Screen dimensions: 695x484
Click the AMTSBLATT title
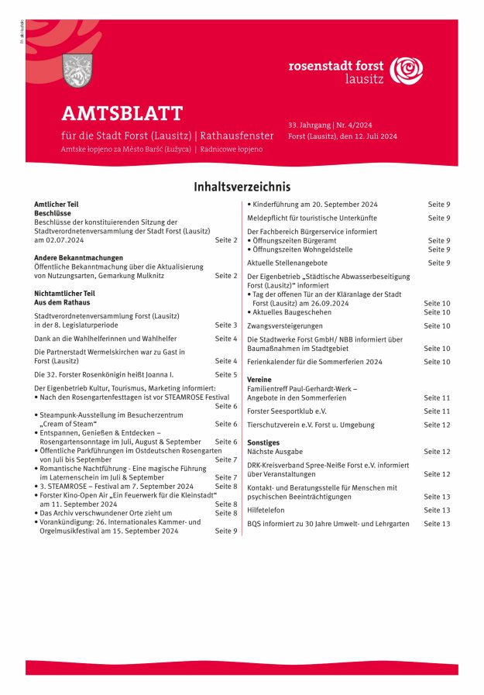coord(122,113)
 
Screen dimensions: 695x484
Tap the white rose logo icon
coord(407,71)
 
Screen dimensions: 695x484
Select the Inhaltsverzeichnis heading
coord(242,187)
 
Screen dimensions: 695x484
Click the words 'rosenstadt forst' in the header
coord(336,67)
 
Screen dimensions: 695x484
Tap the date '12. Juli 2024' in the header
coord(372,136)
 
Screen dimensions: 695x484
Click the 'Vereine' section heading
coord(260,380)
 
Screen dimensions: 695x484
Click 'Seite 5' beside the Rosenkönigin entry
coord(225,374)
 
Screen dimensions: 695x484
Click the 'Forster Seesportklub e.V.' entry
coord(287,411)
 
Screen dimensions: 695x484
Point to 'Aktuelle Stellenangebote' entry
coord(287,263)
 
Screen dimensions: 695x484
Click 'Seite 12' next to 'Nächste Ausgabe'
coord(437,451)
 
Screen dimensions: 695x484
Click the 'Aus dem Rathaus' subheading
coord(63,302)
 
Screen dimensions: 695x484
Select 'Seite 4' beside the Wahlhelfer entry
coord(225,339)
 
